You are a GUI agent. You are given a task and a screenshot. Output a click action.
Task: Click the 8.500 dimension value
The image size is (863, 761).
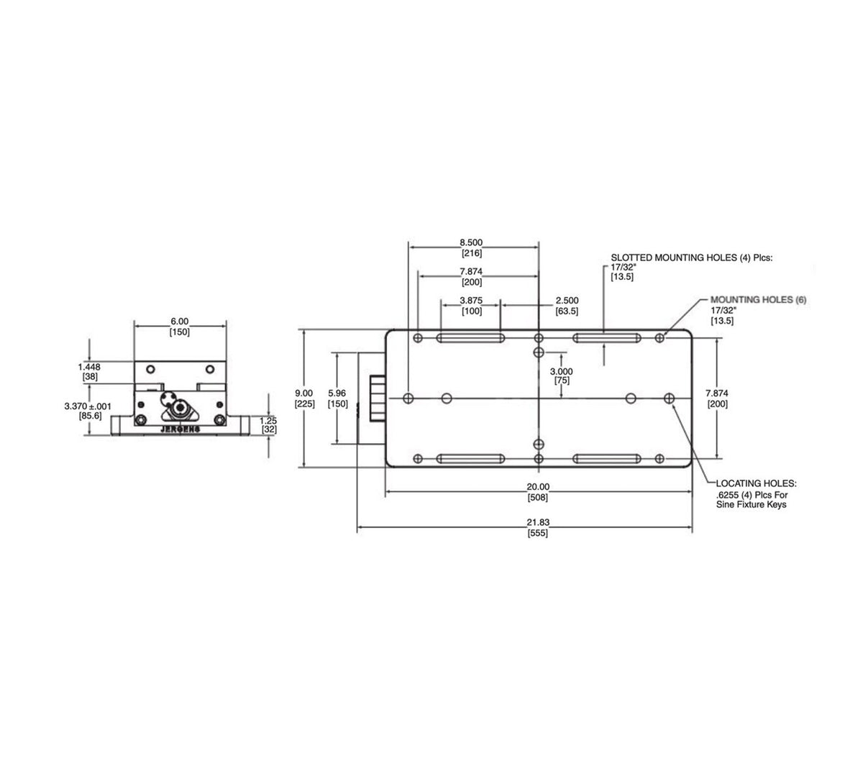470,242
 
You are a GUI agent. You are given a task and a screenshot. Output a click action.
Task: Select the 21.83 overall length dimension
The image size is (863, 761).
538,522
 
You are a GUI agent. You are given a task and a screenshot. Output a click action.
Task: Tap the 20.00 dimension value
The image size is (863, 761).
538,487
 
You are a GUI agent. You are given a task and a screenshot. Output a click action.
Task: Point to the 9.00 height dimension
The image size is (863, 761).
303,393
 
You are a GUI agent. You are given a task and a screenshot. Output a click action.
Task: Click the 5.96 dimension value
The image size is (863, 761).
337,393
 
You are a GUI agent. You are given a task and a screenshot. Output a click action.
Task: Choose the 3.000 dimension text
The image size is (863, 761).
562,372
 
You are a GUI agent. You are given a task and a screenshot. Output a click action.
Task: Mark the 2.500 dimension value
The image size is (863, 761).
567,301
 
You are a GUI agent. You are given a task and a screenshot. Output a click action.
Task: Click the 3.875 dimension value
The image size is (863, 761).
471,301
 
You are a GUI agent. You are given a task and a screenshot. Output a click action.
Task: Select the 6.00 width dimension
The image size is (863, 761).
180,322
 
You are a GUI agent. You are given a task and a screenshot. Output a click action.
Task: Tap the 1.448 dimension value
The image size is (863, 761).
89,367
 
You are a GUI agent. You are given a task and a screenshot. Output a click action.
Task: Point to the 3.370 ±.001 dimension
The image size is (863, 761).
88,406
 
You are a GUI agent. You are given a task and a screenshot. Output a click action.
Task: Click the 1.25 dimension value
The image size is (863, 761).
268,421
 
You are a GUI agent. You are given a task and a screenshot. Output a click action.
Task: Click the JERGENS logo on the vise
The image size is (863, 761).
181,429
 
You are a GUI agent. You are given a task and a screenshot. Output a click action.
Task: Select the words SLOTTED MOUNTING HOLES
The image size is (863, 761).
668,258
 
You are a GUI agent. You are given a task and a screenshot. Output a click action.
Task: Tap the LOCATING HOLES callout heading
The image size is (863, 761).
756,483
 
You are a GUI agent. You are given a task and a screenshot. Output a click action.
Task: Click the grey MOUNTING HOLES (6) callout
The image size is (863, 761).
758,300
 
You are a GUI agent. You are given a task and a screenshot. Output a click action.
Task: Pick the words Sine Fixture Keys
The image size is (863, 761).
751,504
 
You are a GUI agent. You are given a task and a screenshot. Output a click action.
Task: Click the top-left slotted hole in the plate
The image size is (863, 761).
470,338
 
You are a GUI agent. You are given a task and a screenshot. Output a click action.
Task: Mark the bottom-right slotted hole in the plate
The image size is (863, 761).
607,459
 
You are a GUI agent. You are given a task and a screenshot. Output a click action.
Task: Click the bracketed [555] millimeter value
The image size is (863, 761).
538,533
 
